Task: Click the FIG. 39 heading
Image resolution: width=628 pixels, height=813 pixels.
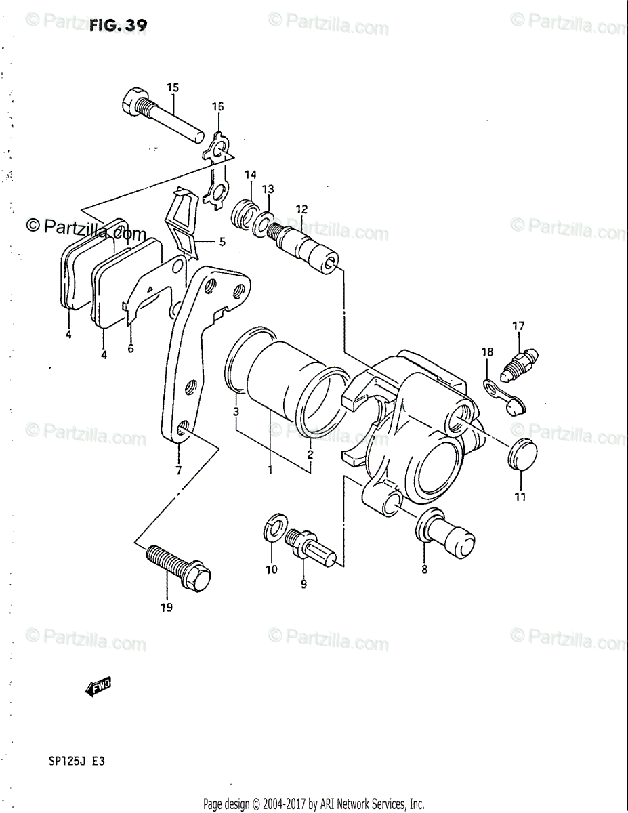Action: click(x=118, y=26)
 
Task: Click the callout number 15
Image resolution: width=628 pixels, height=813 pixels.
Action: click(x=173, y=87)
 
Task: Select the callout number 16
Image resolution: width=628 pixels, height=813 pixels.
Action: click(x=217, y=106)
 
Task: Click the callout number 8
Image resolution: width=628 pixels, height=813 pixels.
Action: click(x=425, y=569)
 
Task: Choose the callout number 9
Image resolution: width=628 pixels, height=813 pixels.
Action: click(x=303, y=583)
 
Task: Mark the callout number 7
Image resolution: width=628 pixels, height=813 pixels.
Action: click(x=178, y=470)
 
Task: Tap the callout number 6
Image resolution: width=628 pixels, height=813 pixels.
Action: click(x=131, y=349)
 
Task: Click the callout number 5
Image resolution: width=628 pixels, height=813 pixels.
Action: click(x=221, y=241)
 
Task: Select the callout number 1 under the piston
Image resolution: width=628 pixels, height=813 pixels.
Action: click(x=270, y=470)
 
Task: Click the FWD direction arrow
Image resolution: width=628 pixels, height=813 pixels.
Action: click(x=99, y=688)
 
